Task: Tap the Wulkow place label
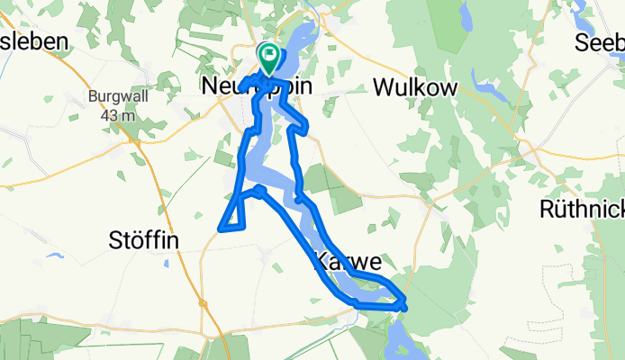click(x=416, y=87)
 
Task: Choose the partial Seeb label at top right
click(x=602, y=42)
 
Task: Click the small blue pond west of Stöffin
click(x=54, y=256)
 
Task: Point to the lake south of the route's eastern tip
click(x=399, y=337)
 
